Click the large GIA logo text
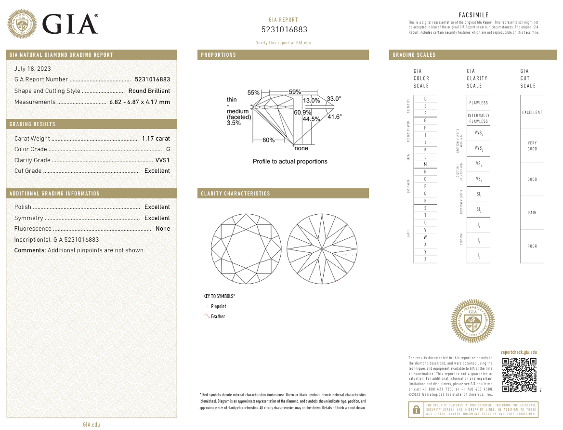click(x=70, y=24)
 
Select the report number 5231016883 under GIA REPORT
click(x=284, y=30)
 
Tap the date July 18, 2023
click(x=33, y=69)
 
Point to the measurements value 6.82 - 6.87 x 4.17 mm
click(x=140, y=102)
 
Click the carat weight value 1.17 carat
click(x=156, y=139)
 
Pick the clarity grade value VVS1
click(x=162, y=160)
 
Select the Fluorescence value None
click(x=163, y=229)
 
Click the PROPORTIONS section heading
click(x=219, y=55)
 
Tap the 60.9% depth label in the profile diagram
click(x=302, y=112)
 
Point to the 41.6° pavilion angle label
click(x=334, y=117)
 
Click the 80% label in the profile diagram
click(x=268, y=140)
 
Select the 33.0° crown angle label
click(x=334, y=99)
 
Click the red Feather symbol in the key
click(x=207, y=316)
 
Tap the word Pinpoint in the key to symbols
click(x=218, y=306)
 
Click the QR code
click(x=519, y=375)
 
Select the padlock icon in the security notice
click(x=415, y=410)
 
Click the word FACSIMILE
click(x=473, y=15)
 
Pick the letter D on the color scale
click(x=425, y=99)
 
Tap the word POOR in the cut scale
click(x=532, y=246)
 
